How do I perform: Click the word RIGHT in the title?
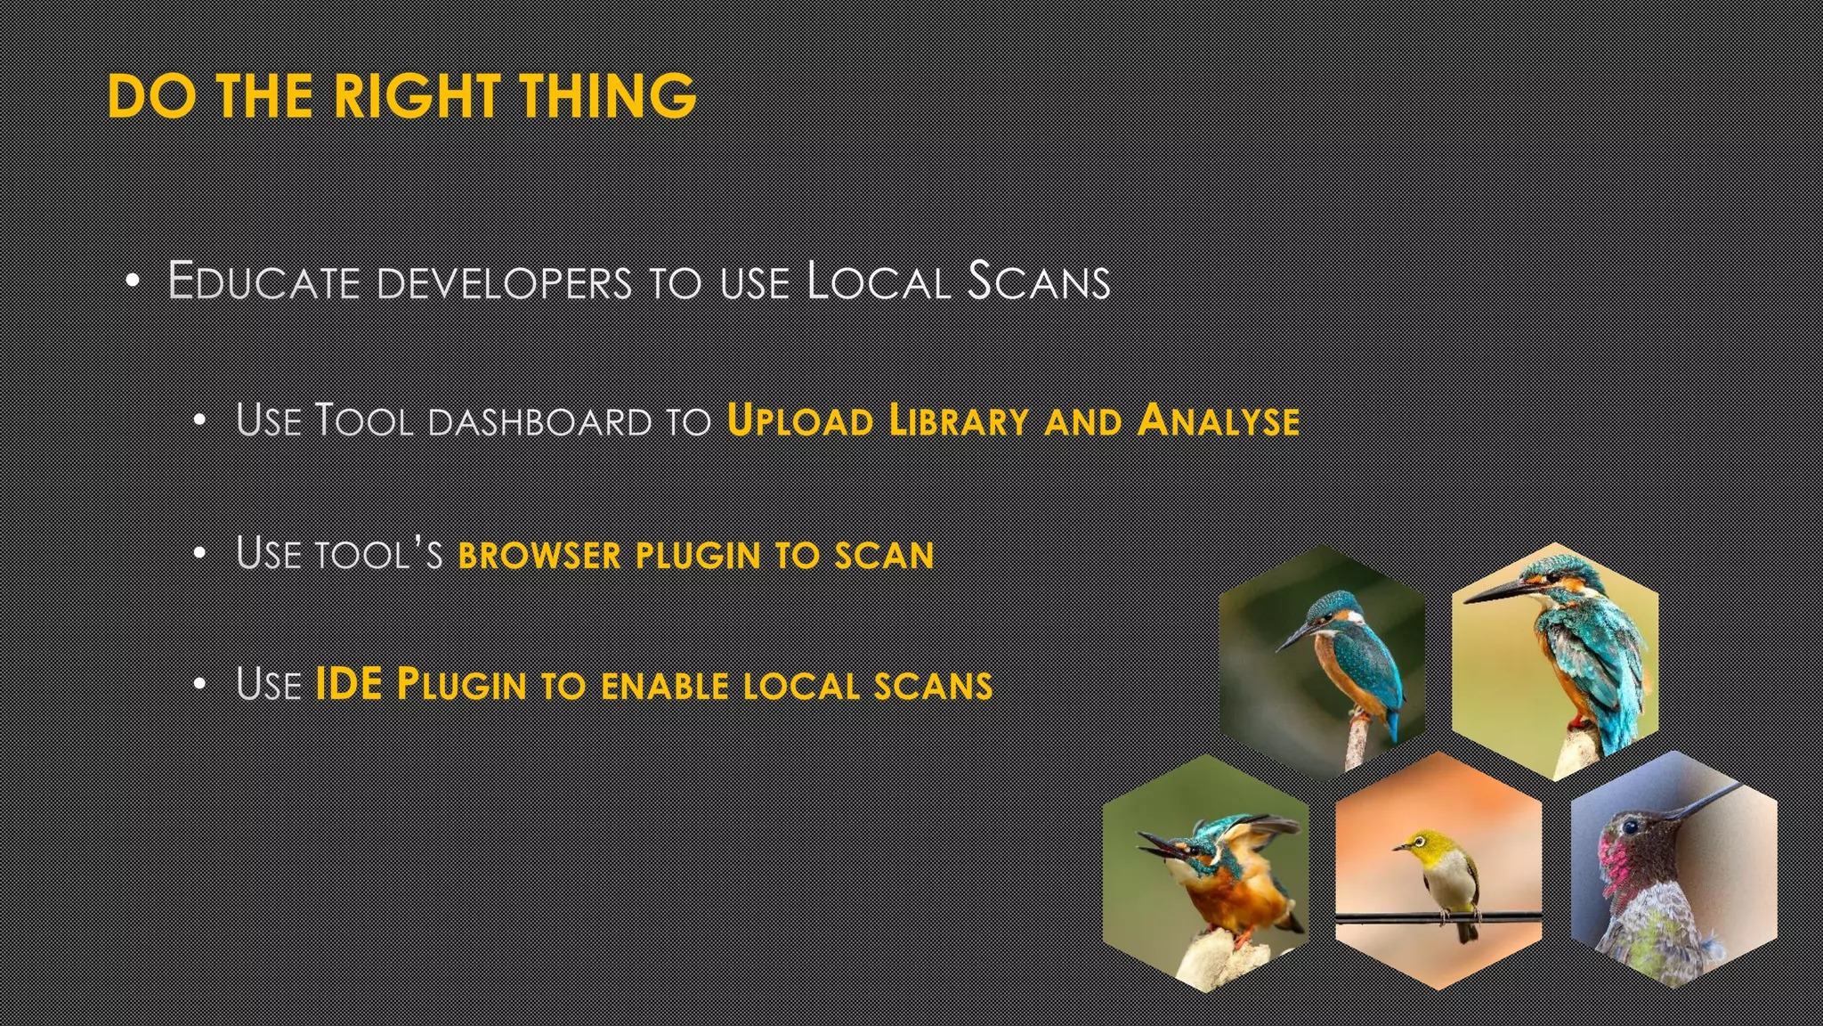tap(415, 95)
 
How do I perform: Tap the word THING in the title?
tap(607, 95)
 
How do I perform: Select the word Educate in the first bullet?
tap(263, 281)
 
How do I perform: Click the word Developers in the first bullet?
tap(504, 283)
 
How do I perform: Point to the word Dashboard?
tap(540, 421)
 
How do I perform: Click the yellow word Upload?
tap(799, 420)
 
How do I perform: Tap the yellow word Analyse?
tap(1218, 420)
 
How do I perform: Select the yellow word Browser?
tap(539, 555)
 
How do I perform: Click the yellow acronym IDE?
tap(349, 684)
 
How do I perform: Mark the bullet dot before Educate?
tap(133, 281)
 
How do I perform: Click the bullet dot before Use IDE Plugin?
tap(200, 685)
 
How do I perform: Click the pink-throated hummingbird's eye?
tap(1630, 827)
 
